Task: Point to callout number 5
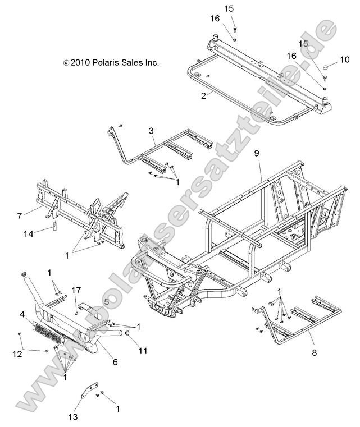click(106, 301)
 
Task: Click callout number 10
click(346, 58)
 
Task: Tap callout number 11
click(143, 351)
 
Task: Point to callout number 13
click(74, 417)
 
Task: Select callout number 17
click(76, 290)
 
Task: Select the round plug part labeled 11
click(126, 335)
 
